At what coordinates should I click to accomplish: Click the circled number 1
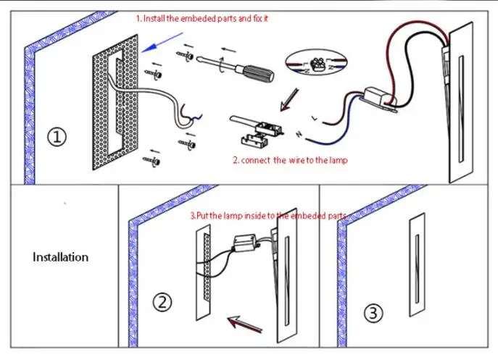(x=57, y=137)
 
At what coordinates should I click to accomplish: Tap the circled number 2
(x=162, y=302)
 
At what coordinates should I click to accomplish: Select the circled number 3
(x=373, y=314)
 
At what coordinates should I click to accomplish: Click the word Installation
(x=60, y=257)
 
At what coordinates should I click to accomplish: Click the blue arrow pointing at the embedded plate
(x=162, y=42)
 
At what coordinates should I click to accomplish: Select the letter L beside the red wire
(x=315, y=118)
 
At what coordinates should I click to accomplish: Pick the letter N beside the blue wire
(x=299, y=134)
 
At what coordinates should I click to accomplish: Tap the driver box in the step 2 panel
(x=245, y=243)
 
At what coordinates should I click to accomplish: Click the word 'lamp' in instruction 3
(x=233, y=216)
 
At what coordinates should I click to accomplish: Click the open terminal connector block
(x=256, y=131)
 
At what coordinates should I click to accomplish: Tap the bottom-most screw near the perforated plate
(x=152, y=161)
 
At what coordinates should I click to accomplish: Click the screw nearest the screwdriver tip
(x=185, y=56)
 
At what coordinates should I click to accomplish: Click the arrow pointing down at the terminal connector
(x=289, y=100)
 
